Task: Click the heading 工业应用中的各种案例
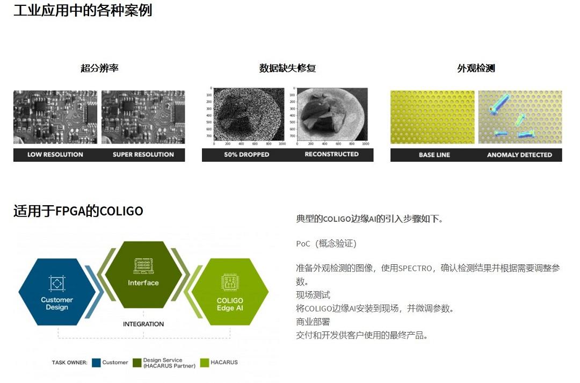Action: coord(83,10)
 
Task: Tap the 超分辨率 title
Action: coord(99,68)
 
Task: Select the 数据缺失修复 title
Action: coord(287,68)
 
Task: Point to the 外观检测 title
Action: coord(476,68)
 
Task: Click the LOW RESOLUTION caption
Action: coord(55,155)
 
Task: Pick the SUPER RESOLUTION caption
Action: coord(143,155)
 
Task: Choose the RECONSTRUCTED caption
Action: coord(331,154)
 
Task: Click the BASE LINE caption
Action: coord(434,155)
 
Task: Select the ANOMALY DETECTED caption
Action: coord(519,155)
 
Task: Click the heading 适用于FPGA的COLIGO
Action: coord(78,211)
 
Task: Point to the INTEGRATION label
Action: coord(143,324)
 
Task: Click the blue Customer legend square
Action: coord(97,363)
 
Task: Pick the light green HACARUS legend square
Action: coord(204,363)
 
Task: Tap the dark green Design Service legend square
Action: coord(137,363)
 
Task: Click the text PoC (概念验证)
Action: coord(326,244)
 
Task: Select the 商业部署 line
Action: coord(313,322)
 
